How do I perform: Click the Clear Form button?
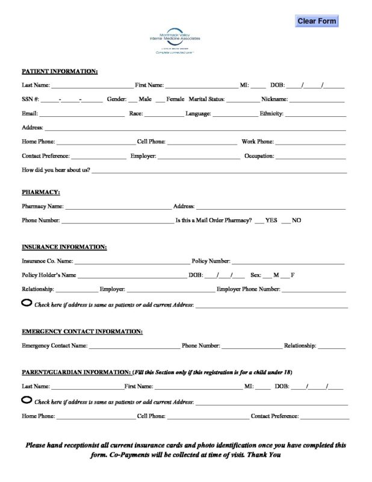point(317,21)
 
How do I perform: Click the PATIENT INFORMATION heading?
point(60,71)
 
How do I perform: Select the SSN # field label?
point(31,99)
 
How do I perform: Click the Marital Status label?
point(207,99)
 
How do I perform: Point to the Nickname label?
point(274,99)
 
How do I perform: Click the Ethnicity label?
point(271,113)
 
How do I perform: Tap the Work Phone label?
point(258,142)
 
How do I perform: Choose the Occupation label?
point(259,156)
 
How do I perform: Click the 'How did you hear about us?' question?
point(56,170)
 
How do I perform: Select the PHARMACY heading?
point(41,192)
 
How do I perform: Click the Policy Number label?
point(211,261)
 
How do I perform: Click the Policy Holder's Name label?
point(49,275)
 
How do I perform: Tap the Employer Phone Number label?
point(248,289)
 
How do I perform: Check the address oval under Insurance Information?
point(27,303)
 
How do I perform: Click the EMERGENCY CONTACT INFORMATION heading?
point(82,331)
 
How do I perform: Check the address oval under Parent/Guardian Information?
point(27,399)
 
